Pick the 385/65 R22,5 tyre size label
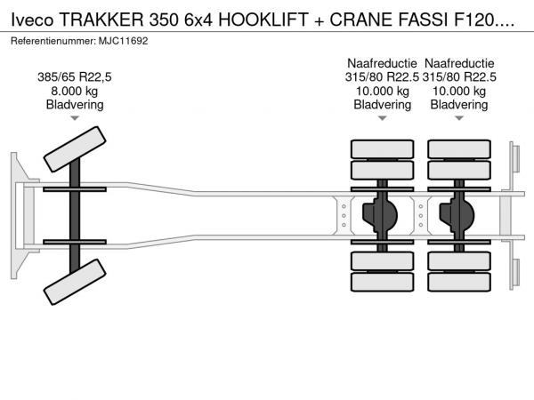pyautogui.click(x=75, y=76)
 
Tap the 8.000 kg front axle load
pyautogui.click(x=75, y=91)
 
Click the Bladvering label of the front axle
pyautogui.click(x=75, y=105)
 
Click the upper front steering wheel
pyautogui.click(x=75, y=149)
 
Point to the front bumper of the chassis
pyautogui.click(x=15, y=216)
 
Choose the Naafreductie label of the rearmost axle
pyautogui.click(x=459, y=62)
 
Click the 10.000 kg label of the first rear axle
pyautogui.click(x=383, y=91)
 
